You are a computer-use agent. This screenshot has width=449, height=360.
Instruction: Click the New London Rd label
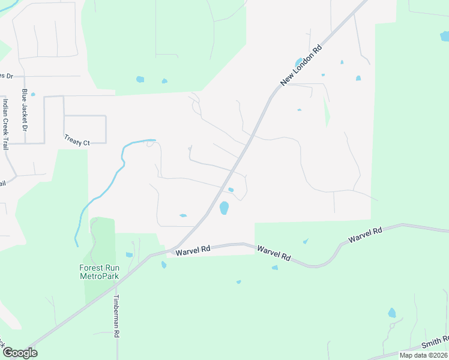click(x=301, y=65)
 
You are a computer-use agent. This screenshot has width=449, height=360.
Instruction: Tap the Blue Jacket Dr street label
click(x=25, y=110)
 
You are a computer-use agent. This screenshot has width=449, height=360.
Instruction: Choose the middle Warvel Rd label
click(x=274, y=253)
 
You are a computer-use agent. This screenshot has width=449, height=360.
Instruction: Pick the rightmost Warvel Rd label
click(x=366, y=235)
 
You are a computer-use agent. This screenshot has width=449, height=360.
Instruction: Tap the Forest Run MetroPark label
click(x=99, y=272)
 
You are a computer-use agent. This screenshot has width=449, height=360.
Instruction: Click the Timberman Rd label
click(x=118, y=317)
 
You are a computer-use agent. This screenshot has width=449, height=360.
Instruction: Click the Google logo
click(x=20, y=353)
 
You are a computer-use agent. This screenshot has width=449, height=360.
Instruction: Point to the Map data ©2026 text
click(x=423, y=355)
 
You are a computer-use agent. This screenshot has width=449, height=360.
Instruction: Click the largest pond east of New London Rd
click(x=224, y=208)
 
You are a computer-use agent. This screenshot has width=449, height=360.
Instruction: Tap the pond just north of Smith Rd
click(x=392, y=313)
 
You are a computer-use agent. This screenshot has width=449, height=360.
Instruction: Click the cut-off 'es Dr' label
click(x=5, y=76)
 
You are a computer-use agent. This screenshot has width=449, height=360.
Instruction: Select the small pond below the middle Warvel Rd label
click(x=274, y=267)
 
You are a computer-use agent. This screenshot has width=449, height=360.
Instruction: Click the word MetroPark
click(x=99, y=276)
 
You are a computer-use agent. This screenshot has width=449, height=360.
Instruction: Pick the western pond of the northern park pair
click(x=140, y=79)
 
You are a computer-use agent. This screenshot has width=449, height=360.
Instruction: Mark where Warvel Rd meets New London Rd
click(x=170, y=250)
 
